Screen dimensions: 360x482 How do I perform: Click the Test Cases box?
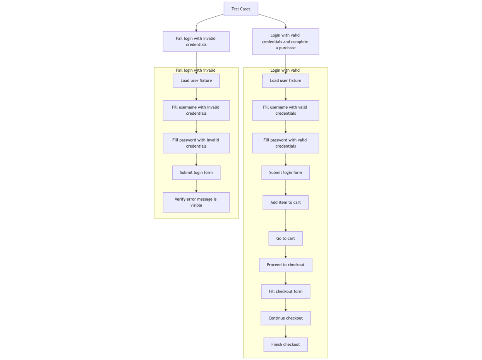[241, 9]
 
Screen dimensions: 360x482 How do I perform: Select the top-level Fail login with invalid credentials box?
[196, 41]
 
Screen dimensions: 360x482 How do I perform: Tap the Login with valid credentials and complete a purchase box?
[285, 41]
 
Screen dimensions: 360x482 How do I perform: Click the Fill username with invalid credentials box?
[196, 110]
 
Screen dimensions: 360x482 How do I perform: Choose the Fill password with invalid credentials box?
[196, 143]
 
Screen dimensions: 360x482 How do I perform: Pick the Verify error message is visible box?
[196, 202]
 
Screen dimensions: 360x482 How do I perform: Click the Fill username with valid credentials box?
[285, 110]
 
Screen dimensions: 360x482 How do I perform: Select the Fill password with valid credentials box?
[285, 143]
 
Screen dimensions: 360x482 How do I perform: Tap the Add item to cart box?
[285, 202]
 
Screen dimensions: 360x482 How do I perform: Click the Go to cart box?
[285, 238]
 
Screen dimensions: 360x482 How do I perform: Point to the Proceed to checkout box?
[285, 265]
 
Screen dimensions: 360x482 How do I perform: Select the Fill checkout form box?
[285, 291]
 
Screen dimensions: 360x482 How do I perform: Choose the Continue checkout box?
[285, 318]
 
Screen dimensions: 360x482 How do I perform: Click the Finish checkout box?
[285, 344]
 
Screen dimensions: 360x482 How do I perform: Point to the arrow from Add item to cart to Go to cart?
[286, 220]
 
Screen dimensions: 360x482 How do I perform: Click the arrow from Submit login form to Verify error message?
[196, 186]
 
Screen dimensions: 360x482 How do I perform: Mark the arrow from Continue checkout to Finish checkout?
[286, 331]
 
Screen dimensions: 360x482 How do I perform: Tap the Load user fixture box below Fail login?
[196, 81]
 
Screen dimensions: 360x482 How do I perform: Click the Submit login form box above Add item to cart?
[285, 172]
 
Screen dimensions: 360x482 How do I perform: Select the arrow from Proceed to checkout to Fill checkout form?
[286, 278]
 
